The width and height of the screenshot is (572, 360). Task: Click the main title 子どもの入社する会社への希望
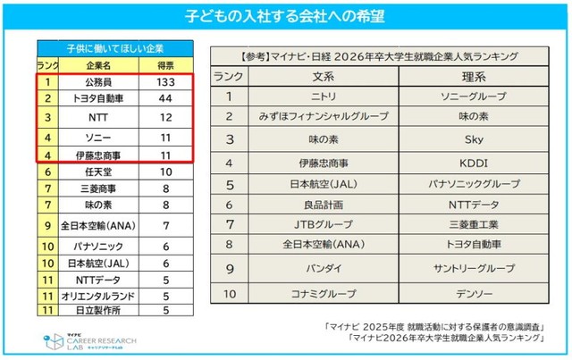click(x=286, y=17)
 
